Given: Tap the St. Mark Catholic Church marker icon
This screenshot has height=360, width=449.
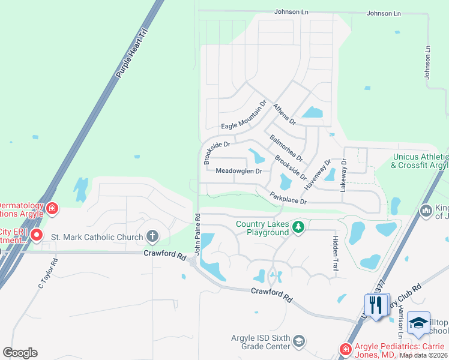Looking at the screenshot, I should click(152, 236).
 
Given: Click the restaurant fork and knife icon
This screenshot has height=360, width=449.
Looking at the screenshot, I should click(375, 306).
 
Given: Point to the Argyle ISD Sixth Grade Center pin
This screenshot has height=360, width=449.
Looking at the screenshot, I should click(299, 342).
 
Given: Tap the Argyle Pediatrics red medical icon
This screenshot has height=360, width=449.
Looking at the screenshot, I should click(345, 349).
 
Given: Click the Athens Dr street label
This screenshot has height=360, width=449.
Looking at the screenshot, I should click(285, 113).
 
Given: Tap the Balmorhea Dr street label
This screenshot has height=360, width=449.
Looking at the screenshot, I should click(286, 148).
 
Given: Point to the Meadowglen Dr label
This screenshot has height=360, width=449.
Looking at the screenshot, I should click(238, 171).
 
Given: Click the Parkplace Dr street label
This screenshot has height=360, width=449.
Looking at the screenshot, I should click(288, 198).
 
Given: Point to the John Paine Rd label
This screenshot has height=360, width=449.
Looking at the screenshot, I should click(196, 232).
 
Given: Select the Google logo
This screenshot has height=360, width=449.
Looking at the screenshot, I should click(20, 352).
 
